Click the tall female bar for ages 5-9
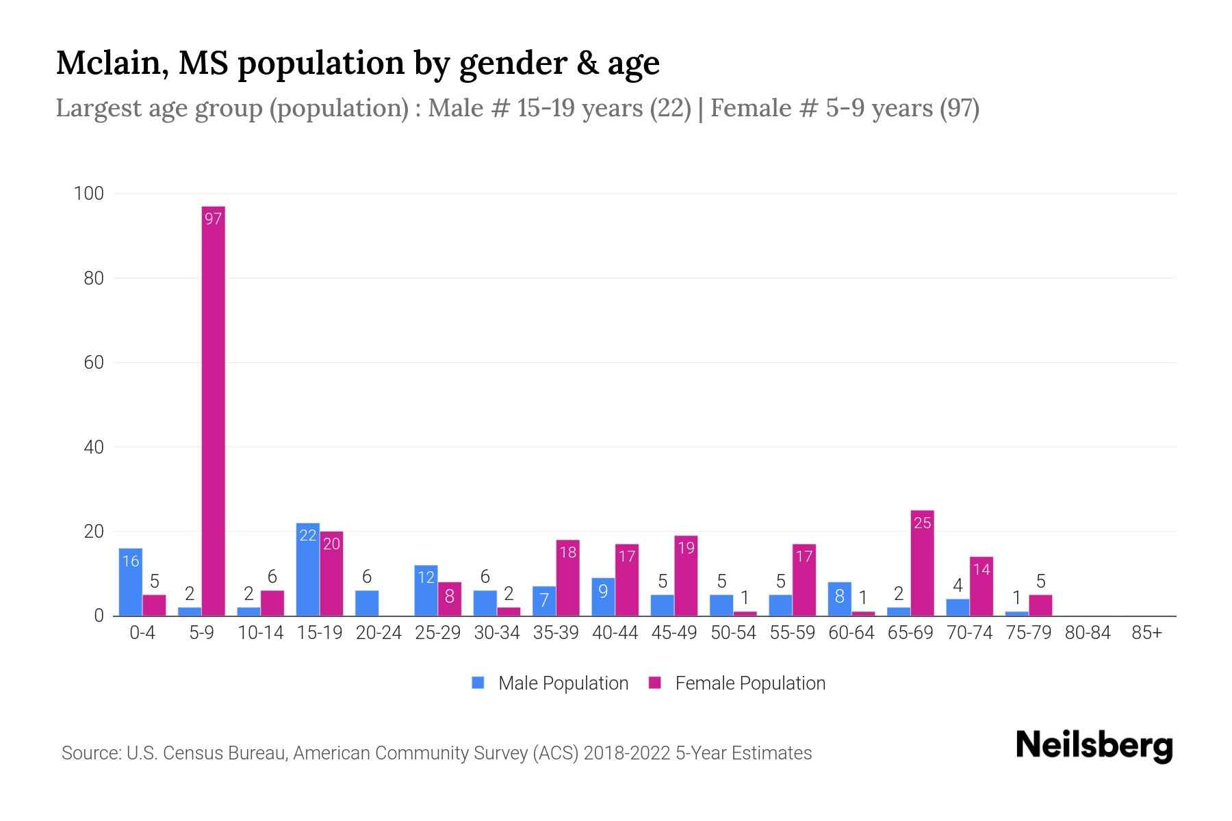pos(214,410)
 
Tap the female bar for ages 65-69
pos(922,564)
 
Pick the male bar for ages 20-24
pos(367,603)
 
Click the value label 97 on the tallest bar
pos(214,219)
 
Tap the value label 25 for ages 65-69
pos(922,523)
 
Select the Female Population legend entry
pos(737,683)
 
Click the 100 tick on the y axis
pos(88,194)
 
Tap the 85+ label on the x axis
pos(1146,633)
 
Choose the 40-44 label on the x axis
pos(615,633)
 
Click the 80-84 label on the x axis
pos(1088,633)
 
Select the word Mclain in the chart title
pos(112,63)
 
